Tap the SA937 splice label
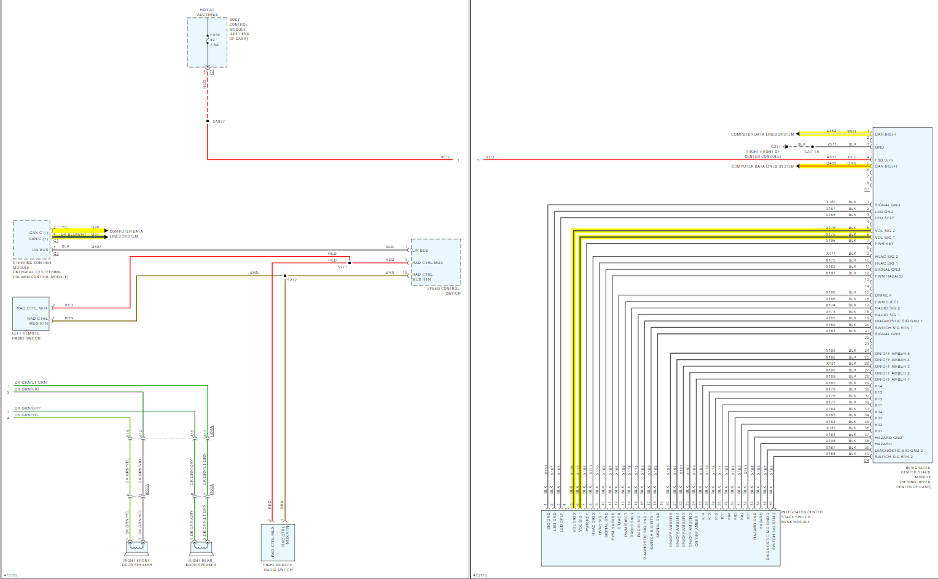pyautogui.click(x=219, y=122)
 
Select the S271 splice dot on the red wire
pyautogui.click(x=350, y=263)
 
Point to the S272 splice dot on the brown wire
pyautogui.click(x=285, y=276)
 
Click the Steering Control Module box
pyautogui.click(x=31, y=240)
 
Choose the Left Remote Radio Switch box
pyautogui.click(x=31, y=314)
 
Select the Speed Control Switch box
pyautogui.click(x=436, y=262)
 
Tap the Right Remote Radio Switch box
pyautogui.click(x=278, y=542)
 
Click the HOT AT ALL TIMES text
pyautogui.click(x=207, y=12)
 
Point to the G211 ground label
pyautogui.click(x=776, y=147)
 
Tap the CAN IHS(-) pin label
pyautogui.click(x=885, y=134)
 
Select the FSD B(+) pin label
pyautogui.click(x=884, y=160)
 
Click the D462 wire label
pyautogui.click(x=831, y=131)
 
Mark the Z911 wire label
pyautogui.click(x=832, y=144)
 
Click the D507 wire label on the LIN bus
pyautogui.click(x=96, y=247)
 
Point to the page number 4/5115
pyautogui.click(x=10, y=575)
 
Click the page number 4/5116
pyautogui.click(x=480, y=575)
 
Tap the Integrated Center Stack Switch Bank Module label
pyautogui.click(x=802, y=517)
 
